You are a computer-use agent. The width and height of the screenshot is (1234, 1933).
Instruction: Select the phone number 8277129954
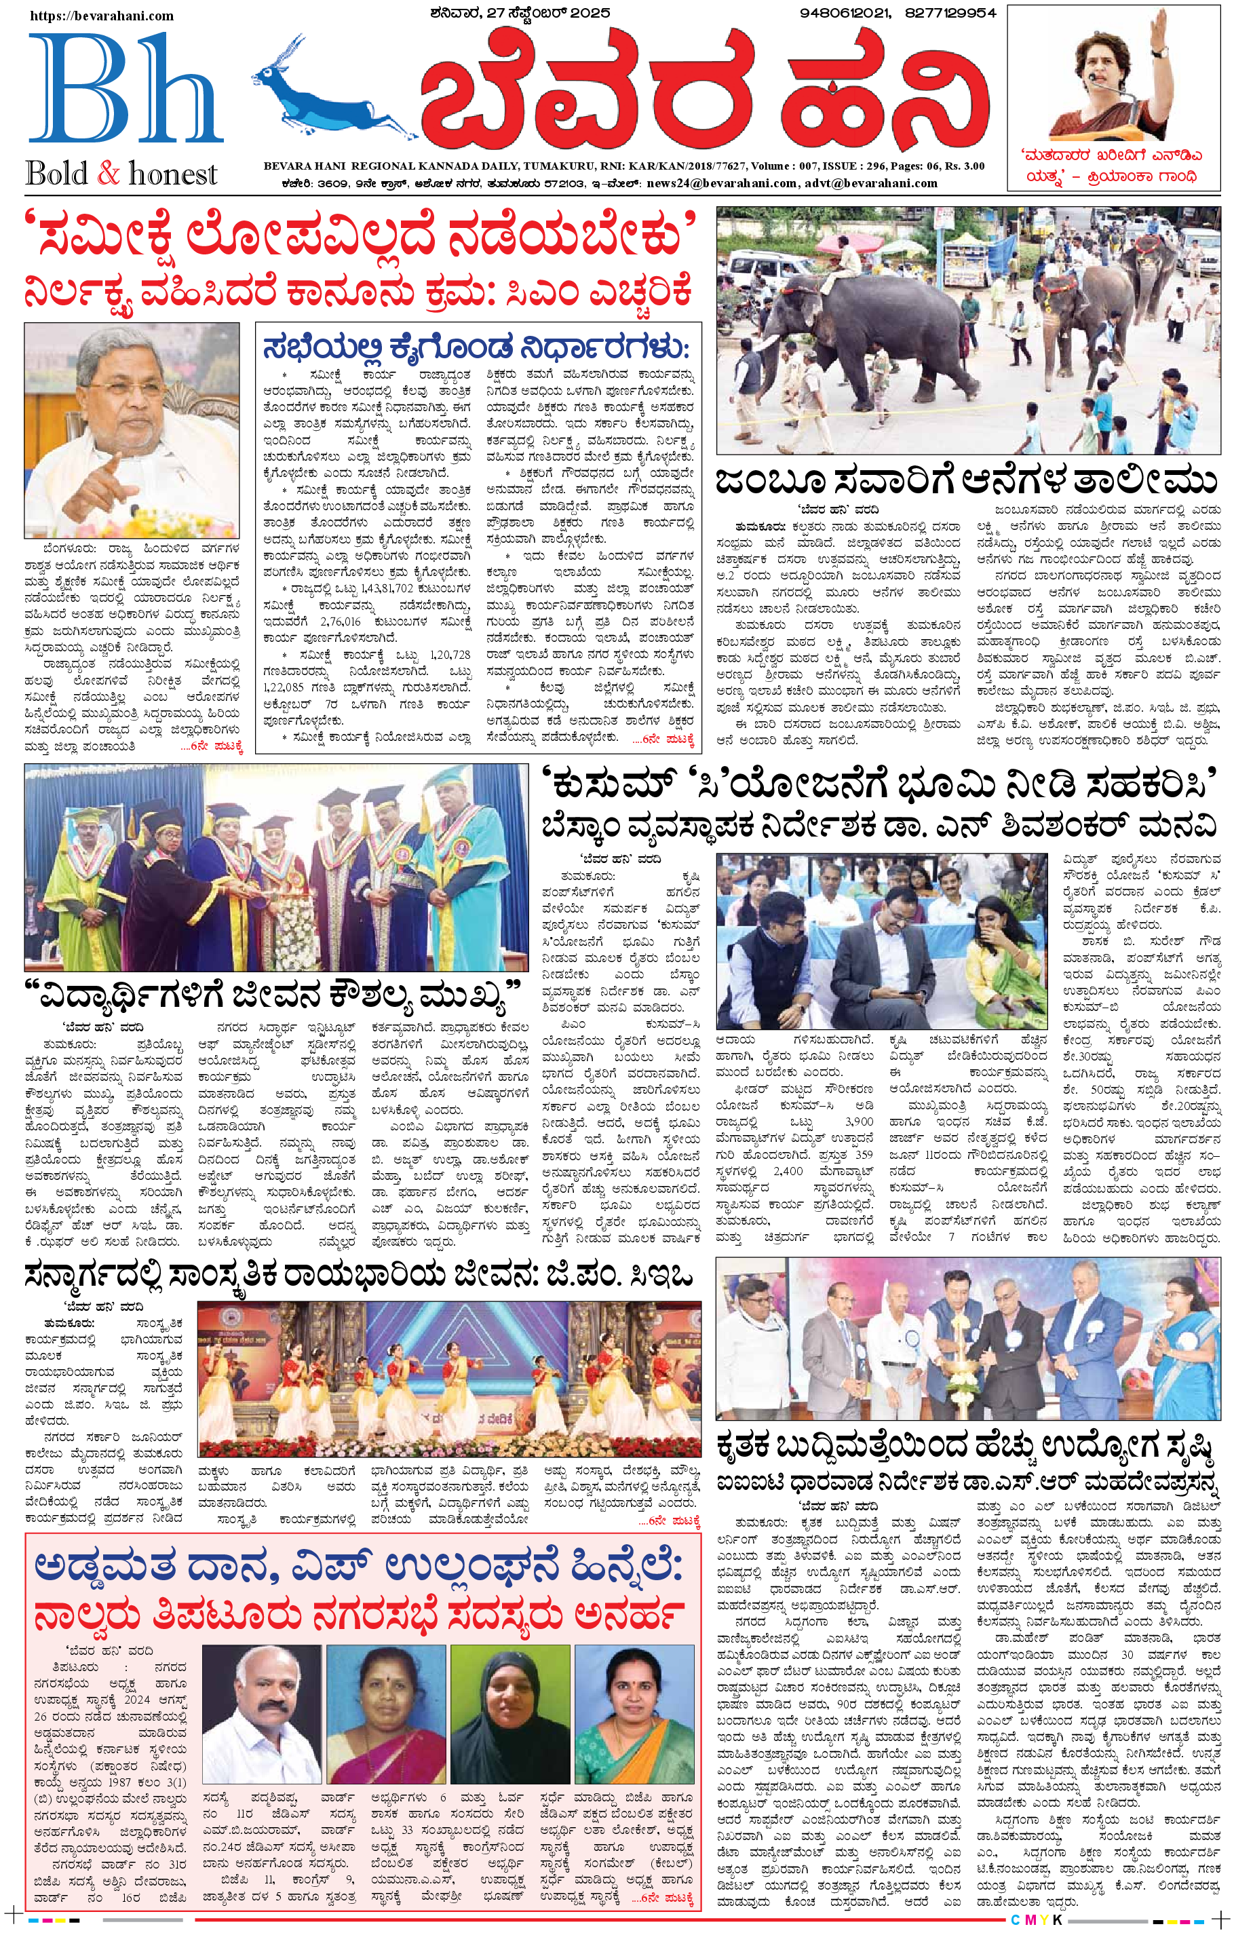pyautogui.click(x=950, y=13)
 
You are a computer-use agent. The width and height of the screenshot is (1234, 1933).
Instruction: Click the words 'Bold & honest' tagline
pyautogui.click(x=121, y=174)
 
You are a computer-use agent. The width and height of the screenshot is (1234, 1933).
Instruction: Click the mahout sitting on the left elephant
pyautogui.click(x=839, y=259)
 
